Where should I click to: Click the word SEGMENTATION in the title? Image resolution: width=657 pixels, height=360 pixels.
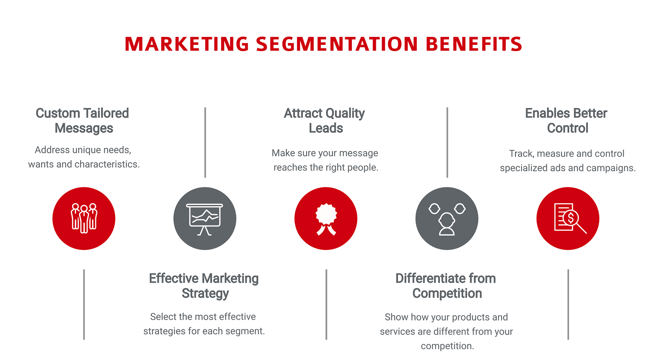(x=337, y=44)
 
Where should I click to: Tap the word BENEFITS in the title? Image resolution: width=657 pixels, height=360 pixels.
(x=474, y=44)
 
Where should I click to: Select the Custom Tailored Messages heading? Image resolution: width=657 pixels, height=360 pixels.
(x=83, y=121)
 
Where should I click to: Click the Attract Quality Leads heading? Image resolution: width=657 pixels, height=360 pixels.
(x=324, y=121)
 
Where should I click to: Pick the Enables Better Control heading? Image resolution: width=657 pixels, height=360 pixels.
(x=566, y=121)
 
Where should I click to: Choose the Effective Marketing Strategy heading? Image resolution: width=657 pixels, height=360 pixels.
(x=204, y=286)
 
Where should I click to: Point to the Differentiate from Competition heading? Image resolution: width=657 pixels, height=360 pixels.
(x=446, y=286)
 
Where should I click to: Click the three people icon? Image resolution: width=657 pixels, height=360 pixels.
(x=84, y=218)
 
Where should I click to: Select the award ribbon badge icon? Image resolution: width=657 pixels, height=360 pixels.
(x=326, y=219)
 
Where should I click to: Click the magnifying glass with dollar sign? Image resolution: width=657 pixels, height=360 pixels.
(x=570, y=219)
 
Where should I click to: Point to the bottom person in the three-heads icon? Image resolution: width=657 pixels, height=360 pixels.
(x=447, y=225)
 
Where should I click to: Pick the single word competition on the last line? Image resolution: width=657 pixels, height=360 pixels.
(x=447, y=346)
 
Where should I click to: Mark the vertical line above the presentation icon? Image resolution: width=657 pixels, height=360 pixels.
(x=205, y=143)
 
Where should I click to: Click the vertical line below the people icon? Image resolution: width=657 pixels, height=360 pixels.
(x=84, y=305)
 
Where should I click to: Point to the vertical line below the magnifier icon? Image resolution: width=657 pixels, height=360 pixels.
(x=568, y=305)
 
